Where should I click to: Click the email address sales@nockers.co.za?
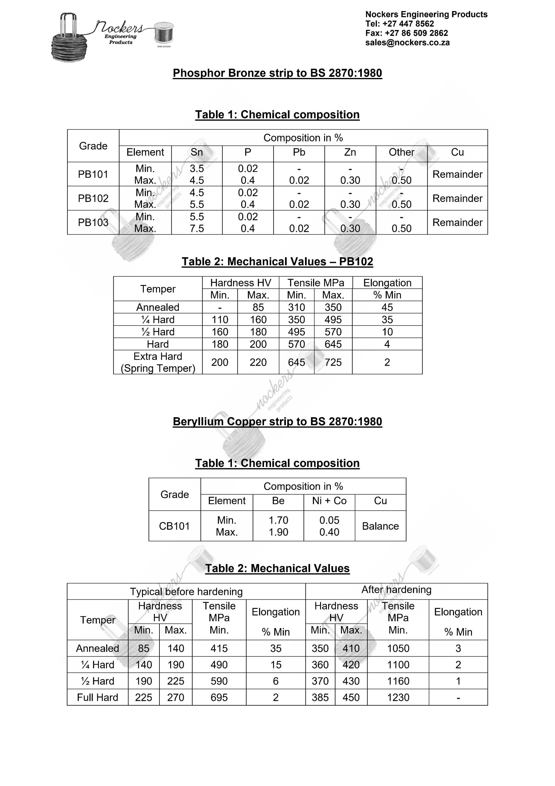point(407,43)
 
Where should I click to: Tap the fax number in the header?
point(406,33)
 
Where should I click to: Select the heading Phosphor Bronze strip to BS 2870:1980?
point(277,73)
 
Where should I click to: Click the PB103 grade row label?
point(93,223)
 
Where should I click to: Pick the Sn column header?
point(197,152)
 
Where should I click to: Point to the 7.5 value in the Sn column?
point(197,228)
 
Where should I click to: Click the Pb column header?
point(299,152)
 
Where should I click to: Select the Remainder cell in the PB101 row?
point(457,174)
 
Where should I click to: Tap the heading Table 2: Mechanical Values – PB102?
point(277,262)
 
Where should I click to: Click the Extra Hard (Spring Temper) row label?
point(158,362)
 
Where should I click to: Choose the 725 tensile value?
point(333,362)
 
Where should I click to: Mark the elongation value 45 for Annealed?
point(387,307)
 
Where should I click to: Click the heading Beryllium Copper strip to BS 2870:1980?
point(277,422)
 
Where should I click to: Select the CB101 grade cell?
point(174,526)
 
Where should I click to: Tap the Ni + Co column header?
point(329,501)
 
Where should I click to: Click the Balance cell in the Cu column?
point(380,526)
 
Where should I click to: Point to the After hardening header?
point(396,589)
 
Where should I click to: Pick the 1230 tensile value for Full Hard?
point(398,698)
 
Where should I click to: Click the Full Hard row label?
point(98,698)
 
